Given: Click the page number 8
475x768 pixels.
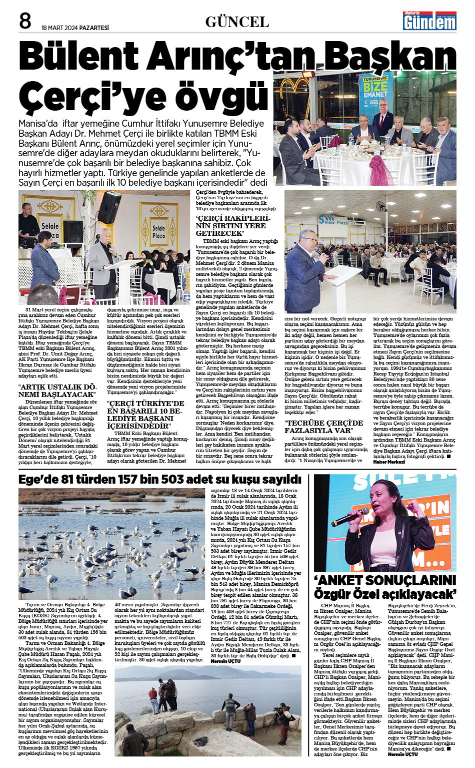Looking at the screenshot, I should point(25,22).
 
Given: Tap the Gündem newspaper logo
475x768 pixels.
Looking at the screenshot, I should point(430,21).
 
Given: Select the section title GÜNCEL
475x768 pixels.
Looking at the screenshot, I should point(237,22).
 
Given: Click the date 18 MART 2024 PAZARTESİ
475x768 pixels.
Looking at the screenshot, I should point(75,28).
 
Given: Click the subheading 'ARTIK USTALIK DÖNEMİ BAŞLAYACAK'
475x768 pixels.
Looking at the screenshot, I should point(58,391).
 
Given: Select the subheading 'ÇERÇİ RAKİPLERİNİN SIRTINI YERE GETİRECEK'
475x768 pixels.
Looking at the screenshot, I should point(232,226).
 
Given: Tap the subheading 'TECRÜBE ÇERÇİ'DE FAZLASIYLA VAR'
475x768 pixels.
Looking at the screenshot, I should point(323,427).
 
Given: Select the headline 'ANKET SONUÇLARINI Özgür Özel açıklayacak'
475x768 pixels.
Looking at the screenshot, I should point(385,587).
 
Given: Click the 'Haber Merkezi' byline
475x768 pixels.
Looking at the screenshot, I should point(389,462).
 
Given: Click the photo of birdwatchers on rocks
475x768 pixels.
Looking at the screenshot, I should point(208,710).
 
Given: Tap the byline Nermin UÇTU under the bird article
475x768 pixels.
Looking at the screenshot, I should point(225,661).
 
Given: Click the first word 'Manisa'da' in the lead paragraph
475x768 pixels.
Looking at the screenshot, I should point(37,123).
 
